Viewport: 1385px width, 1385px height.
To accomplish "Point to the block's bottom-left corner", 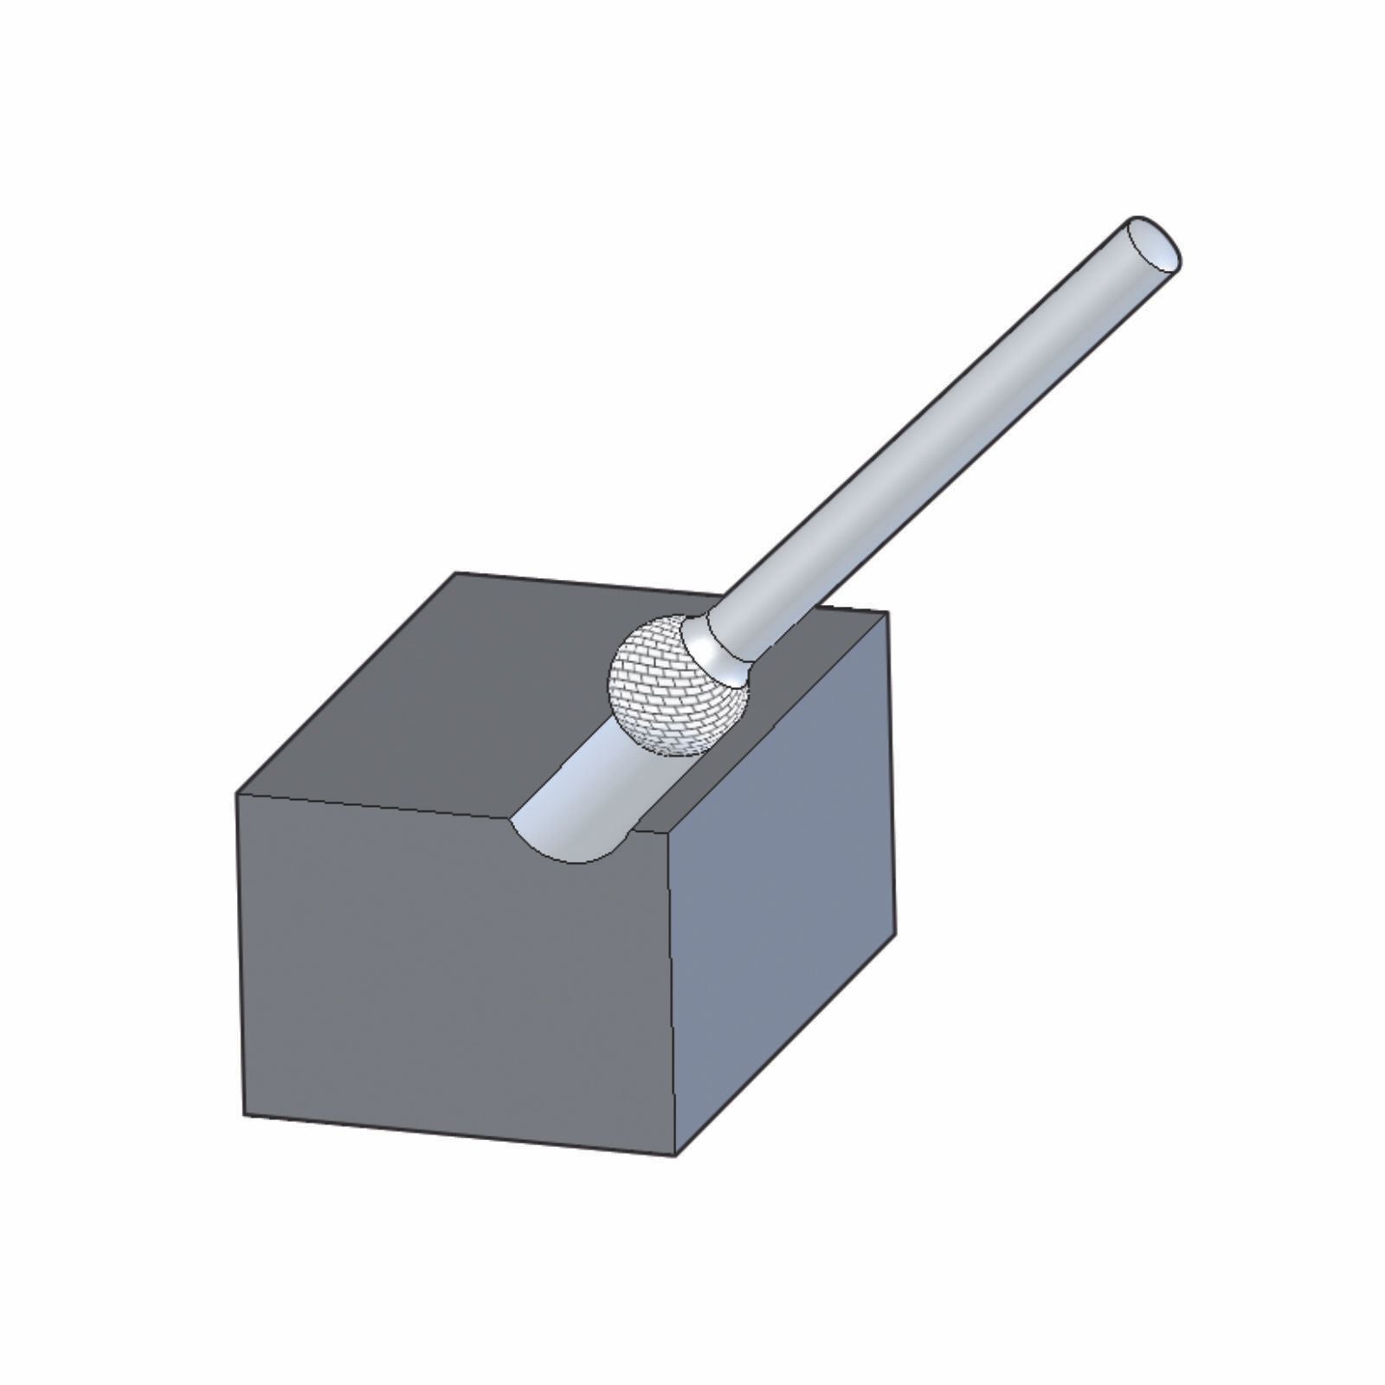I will tap(246, 1115).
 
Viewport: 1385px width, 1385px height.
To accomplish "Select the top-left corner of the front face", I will tap(237, 793).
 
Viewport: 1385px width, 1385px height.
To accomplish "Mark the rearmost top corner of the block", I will tap(457, 573).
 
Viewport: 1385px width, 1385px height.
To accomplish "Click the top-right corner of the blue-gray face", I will tap(886, 613).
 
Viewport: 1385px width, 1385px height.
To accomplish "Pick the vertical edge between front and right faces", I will tap(673, 995).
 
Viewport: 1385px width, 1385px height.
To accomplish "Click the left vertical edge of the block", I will tap(242, 952).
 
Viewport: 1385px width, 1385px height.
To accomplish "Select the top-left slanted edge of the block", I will tap(346, 683).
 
